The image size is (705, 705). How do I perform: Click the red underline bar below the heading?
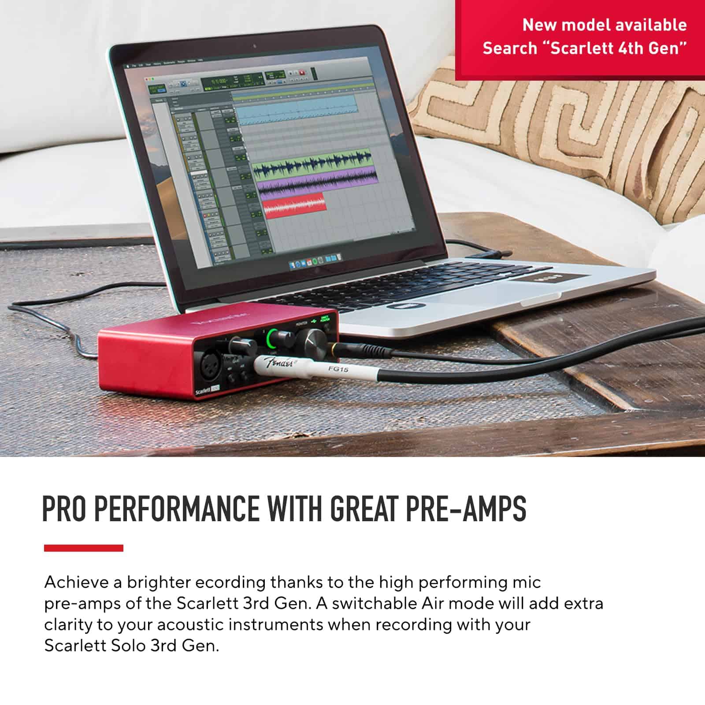[83, 548]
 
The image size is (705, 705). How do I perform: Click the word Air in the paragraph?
[432, 603]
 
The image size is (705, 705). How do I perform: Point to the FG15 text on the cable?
[338, 369]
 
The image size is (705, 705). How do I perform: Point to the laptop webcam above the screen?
[255, 46]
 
